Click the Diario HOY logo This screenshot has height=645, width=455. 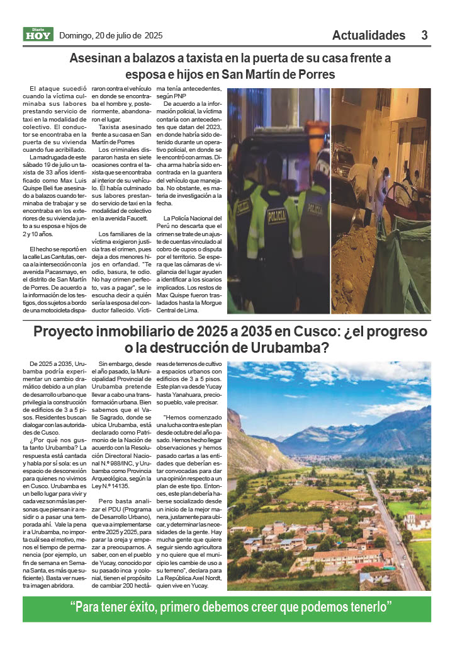(38, 35)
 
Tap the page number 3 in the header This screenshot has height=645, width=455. (425, 35)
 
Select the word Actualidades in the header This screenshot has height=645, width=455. (369, 35)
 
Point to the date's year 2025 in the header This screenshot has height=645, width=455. (154, 35)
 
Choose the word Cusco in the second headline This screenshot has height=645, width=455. (279, 332)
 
